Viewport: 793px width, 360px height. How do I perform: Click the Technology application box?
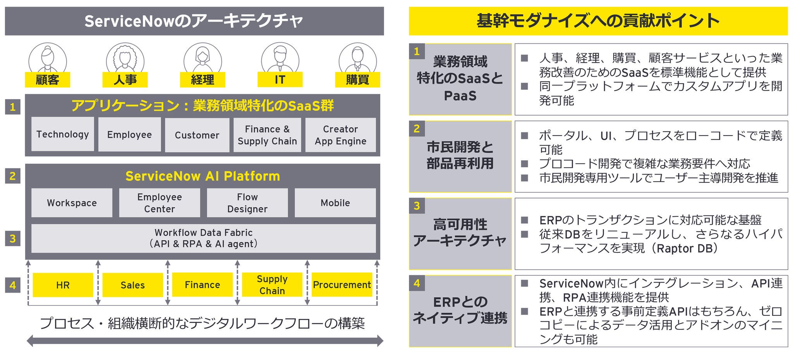pos(62,134)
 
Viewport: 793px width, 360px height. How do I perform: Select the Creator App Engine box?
pos(340,135)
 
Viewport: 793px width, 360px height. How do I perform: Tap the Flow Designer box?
pos(247,203)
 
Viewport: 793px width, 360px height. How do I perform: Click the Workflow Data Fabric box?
pos(203,238)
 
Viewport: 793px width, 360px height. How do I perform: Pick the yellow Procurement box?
pos(342,285)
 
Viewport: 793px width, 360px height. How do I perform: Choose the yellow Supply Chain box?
pos(272,285)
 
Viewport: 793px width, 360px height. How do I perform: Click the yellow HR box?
pos(63,285)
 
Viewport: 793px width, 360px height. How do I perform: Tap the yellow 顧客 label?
pos(47,80)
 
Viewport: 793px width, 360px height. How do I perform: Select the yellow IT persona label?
pos(280,80)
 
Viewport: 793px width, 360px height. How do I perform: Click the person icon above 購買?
pos(357,58)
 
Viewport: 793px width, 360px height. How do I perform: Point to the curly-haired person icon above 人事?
pos(125,58)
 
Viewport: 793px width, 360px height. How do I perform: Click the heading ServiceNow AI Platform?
pos(203,176)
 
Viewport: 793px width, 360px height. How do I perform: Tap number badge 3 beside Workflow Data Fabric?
pos(12,238)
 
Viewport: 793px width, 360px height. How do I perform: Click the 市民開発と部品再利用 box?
pos(460,156)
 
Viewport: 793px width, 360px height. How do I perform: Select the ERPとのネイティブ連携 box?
pos(460,311)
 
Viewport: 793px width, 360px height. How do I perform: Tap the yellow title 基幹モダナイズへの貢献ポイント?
pos(598,21)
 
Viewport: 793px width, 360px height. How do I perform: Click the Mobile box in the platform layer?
pos(335,203)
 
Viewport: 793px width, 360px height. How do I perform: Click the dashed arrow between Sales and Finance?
pos(168,283)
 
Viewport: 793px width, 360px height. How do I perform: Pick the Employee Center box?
pos(159,203)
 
